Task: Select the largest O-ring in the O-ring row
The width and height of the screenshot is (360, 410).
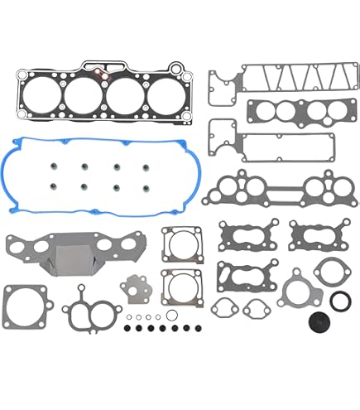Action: (x=171, y=316)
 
